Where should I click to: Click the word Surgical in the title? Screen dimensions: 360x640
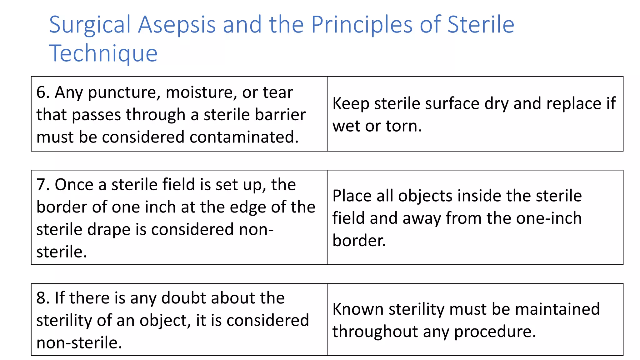click(x=90, y=25)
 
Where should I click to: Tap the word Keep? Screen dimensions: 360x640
click(x=351, y=104)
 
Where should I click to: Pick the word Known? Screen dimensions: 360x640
click(x=358, y=309)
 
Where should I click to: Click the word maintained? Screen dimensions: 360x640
click(x=557, y=309)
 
